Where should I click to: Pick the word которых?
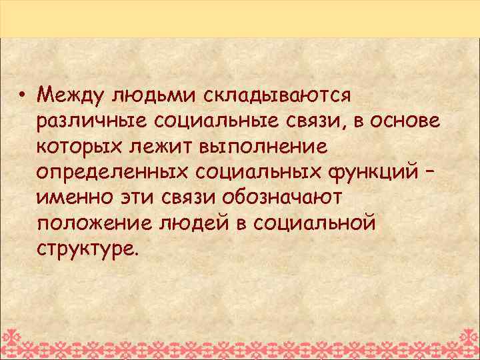[x=84, y=147]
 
